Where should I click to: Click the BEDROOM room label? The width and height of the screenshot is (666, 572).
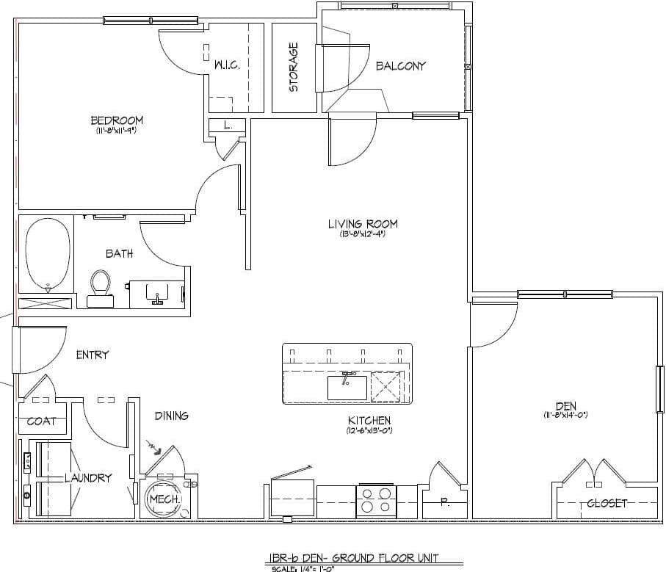point(117,120)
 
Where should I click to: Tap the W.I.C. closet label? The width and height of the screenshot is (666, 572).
point(227,65)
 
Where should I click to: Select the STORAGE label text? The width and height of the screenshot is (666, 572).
point(294,67)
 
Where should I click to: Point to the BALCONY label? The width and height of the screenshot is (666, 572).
point(400,66)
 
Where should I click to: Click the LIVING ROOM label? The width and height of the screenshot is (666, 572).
point(363,224)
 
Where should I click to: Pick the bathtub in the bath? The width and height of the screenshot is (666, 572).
point(48,255)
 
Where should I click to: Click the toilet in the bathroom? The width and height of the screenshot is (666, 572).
point(100,287)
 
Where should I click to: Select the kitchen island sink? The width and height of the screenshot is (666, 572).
point(347,385)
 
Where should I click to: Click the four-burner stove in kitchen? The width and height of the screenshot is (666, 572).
point(376,501)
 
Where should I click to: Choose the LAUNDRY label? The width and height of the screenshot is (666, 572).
point(88,478)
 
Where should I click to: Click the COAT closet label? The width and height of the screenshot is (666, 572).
point(41,421)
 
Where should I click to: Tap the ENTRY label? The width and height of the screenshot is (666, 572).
point(93,355)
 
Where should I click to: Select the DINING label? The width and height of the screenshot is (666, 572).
point(171,416)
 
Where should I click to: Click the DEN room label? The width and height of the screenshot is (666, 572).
point(565,405)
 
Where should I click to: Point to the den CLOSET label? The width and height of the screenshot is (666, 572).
point(607,504)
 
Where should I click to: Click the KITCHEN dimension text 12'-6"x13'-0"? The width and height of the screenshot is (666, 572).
point(369,431)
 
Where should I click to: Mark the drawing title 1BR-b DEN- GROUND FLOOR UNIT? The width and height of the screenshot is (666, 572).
point(354,558)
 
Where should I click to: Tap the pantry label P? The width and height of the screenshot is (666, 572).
point(444,503)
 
